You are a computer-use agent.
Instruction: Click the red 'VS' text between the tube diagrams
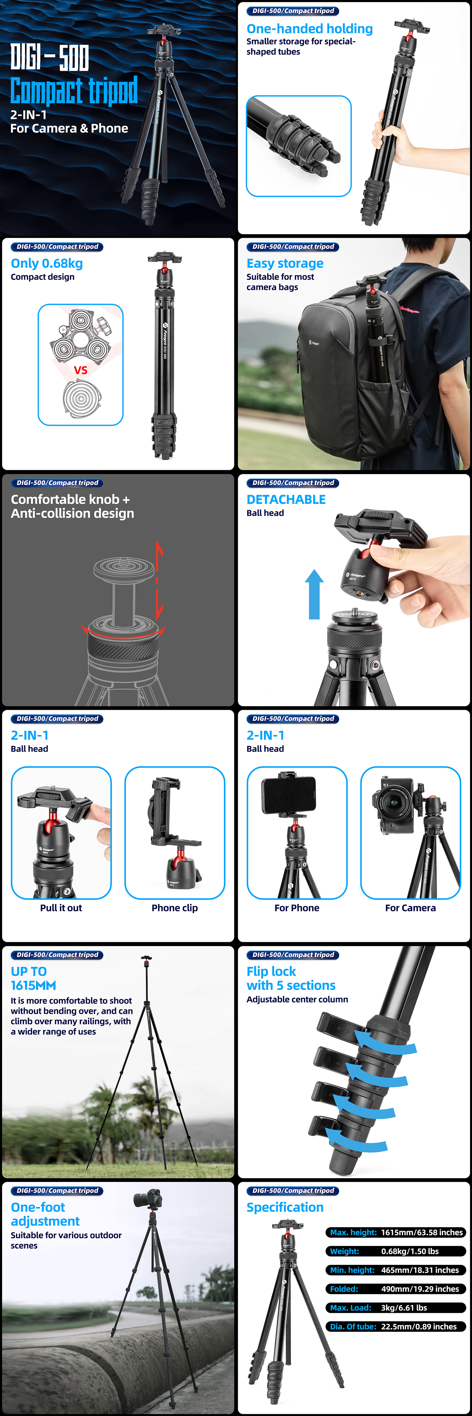point(80,370)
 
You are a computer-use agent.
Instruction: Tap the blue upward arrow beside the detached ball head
point(314,594)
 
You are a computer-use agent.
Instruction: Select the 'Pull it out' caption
point(61,908)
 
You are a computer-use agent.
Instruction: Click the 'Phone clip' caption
point(175,908)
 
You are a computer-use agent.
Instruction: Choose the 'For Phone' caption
point(297,908)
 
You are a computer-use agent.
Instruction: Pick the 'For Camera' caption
point(410,908)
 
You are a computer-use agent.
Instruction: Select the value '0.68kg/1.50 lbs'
point(410,1251)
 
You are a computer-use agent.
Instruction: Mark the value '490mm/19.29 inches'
point(420,1289)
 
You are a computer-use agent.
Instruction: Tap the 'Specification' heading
point(284,1207)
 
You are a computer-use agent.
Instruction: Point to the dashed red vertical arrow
point(159,580)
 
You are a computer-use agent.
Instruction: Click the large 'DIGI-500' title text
point(50,57)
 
